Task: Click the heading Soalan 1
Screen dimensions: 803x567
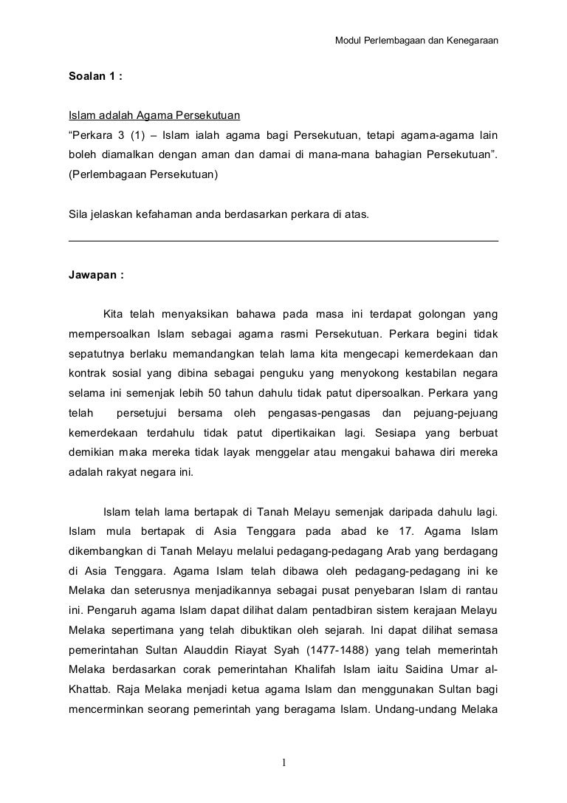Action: click(x=95, y=76)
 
